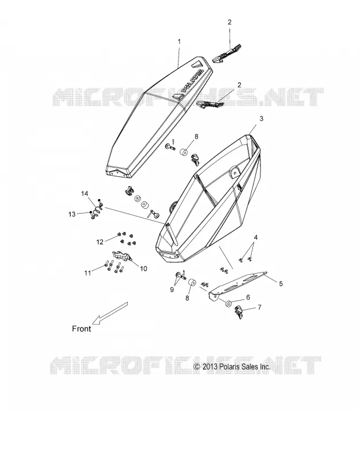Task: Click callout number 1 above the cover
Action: tap(179, 41)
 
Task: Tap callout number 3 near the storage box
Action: tap(262, 119)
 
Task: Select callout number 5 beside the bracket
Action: tap(280, 283)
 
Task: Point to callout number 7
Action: tap(259, 307)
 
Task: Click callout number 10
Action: tap(143, 269)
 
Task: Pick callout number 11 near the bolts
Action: tap(88, 273)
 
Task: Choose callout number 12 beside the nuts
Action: tap(100, 242)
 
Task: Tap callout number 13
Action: tap(72, 214)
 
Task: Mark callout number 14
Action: tap(84, 194)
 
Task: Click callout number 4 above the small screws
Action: tap(256, 238)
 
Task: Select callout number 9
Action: tap(172, 289)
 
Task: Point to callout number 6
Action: tap(248, 297)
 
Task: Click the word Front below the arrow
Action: tap(81, 329)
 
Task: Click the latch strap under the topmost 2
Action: tap(227, 53)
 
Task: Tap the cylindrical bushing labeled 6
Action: tap(228, 303)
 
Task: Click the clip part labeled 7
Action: tap(239, 312)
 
